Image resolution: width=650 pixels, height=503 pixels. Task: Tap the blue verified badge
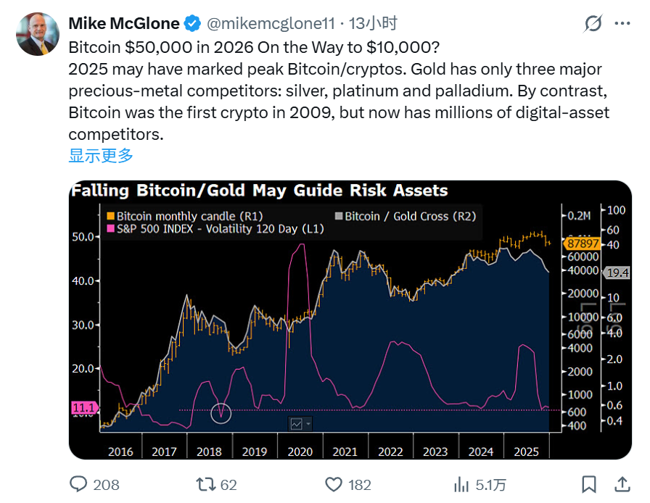pyautogui.click(x=192, y=24)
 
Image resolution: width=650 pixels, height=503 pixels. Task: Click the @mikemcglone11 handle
pyautogui.click(x=271, y=24)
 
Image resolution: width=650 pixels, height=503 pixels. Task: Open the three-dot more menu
pyautogui.click(x=622, y=24)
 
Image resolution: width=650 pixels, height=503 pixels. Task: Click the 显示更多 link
pyautogui.click(x=101, y=155)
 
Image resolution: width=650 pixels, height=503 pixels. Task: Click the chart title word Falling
pyautogui.click(x=99, y=191)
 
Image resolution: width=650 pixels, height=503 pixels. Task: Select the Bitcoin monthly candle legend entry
pyautogui.click(x=184, y=216)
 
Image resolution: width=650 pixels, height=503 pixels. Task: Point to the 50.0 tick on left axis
pyautogui.click(x=83, y=236)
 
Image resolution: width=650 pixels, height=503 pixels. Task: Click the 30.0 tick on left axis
pyautogui.click(x=83, y=325)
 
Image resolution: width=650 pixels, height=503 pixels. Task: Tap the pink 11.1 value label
pyautogui.click(x=83, y=408)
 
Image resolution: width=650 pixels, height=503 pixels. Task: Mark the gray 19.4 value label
pyautogui.click(x=618, y=273)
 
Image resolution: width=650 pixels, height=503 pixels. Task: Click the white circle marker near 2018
pyautogui.click(x=221, y=413)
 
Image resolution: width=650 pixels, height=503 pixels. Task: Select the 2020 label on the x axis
pyautogui.click(x=300, y=452)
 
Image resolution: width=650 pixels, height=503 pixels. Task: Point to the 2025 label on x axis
pyautogui.click(x=526, y=452)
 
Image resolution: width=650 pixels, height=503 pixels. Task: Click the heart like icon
pyautogui.click(x=333, y=484)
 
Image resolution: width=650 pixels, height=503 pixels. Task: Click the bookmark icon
pyautogui.click(x=589, y=484)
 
